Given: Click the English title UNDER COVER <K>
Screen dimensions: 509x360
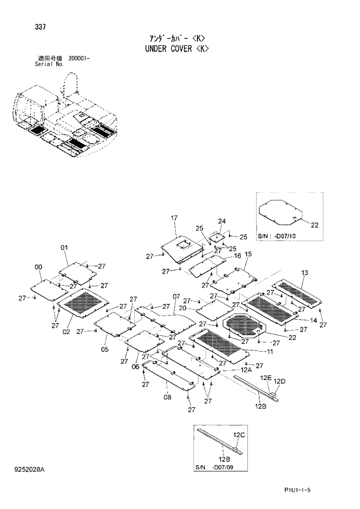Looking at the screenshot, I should [177, 49].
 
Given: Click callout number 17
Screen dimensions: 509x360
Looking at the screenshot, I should [174, 218].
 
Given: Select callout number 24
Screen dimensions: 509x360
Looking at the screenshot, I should [221, 221].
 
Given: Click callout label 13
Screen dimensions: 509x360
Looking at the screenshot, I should [305, 273].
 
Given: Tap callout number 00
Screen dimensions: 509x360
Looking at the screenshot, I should [38, 267].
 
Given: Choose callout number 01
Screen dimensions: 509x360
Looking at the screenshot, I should [64, 248].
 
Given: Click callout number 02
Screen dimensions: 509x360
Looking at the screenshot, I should [66, 332].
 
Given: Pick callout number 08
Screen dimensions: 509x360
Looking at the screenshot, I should [167, 397].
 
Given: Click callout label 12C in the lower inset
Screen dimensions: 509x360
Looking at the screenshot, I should [239, 435].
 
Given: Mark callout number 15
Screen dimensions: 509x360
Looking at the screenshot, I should [248, 254].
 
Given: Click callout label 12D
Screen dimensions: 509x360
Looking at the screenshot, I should [280, 381].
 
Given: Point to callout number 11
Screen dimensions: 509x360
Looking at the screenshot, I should [270, 352].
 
